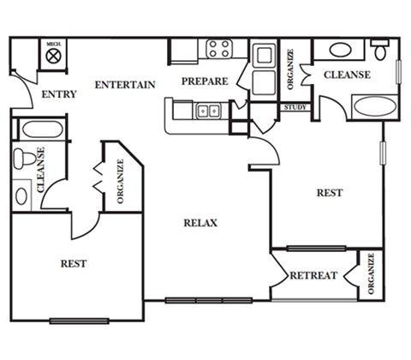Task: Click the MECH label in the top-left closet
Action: coord(54,45)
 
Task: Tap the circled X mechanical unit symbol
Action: coord(54,56)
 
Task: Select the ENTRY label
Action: coord(59,94)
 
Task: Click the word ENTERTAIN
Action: coord(125,85)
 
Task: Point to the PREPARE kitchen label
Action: coord(205,81)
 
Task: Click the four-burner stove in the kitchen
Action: coord(219,49)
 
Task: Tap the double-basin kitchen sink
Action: coord(208,111)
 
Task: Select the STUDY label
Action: coord(295,107)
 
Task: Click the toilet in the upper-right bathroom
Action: coord(380,50)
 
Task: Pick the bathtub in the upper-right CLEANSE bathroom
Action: coord(375,106)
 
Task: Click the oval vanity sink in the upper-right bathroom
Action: coord(341,50)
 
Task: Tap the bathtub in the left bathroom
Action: coord(42,129)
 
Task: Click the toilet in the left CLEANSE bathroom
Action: coord(25,159)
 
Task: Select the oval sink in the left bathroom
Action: coord(21,196)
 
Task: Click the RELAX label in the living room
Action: coord(200,223)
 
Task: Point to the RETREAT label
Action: coord(313,275)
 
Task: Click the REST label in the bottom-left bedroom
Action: coord(74,263)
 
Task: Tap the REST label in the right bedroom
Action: coord(330,193)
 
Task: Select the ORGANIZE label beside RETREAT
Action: coord(371,273)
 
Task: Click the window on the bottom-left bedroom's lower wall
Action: coord(79,321)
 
